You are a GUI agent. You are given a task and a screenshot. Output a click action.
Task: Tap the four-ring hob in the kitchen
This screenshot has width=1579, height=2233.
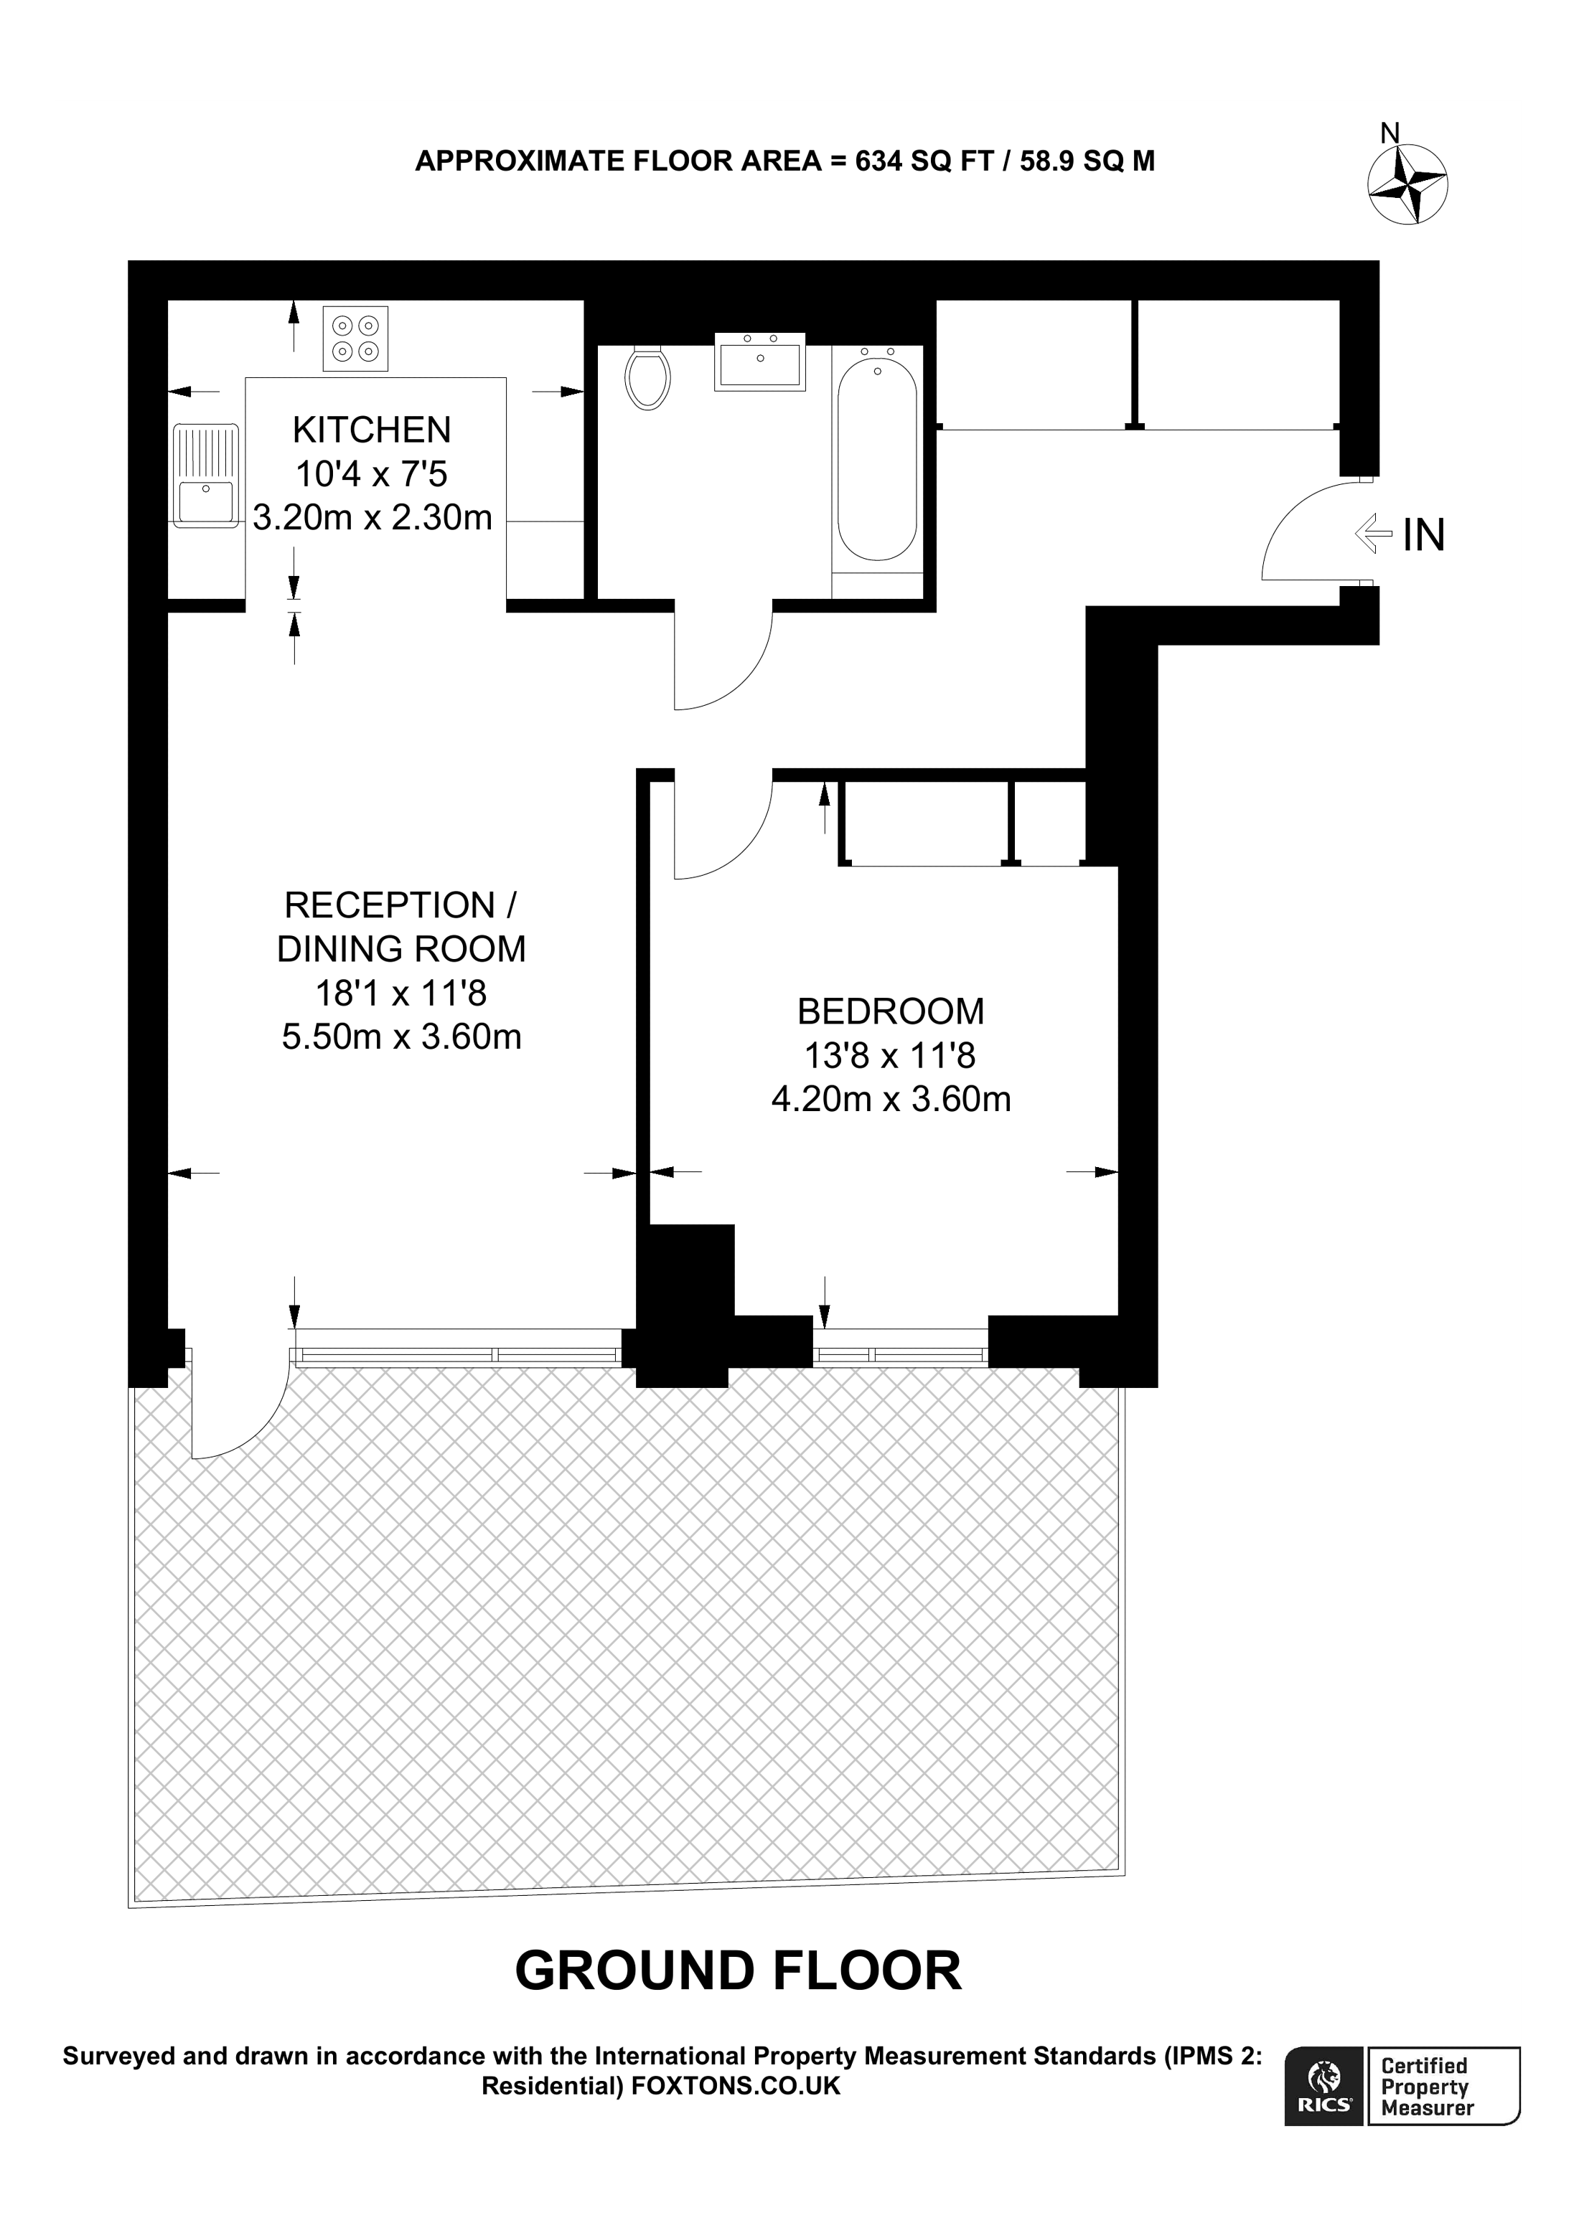pos(355,339)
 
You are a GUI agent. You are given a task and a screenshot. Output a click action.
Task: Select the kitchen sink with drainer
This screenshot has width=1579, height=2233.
pos(206,476)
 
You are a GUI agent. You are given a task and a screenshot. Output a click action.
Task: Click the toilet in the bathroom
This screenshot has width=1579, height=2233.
pos(648,377)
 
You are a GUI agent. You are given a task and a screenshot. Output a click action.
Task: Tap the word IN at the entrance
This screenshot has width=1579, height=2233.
pos(1423,535)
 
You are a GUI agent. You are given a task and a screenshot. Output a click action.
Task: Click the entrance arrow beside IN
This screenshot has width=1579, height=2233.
pos(1374,533)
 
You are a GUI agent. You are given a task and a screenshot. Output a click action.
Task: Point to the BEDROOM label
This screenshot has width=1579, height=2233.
pos(890,1011)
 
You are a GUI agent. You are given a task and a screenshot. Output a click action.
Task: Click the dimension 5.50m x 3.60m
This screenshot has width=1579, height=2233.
pos(402,1037)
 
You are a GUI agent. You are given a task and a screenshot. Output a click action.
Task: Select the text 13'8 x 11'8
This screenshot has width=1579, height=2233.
pos(890,1055)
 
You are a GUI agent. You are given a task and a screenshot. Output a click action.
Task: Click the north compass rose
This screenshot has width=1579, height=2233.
pos(1407,184)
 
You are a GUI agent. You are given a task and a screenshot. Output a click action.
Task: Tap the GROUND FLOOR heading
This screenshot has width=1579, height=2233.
pos(737,1970)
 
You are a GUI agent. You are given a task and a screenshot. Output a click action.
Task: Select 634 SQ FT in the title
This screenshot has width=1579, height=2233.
pos(922,161)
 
